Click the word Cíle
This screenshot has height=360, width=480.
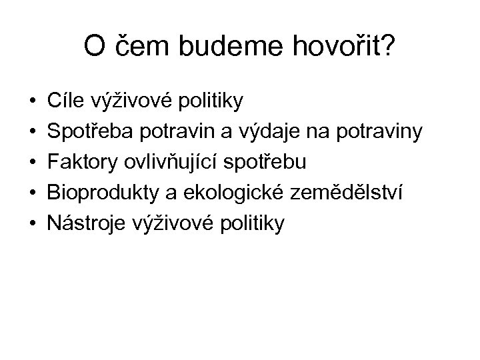pyautogui.click(x=65, y=101)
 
